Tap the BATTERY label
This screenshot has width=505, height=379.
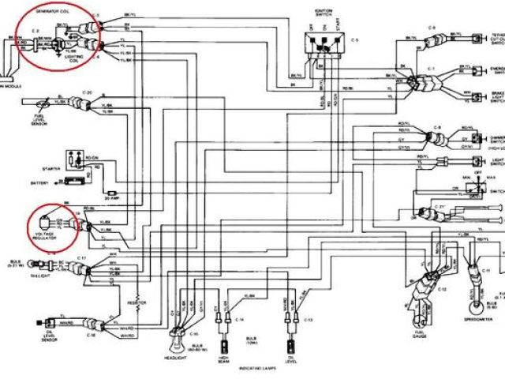pos(37,183)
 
